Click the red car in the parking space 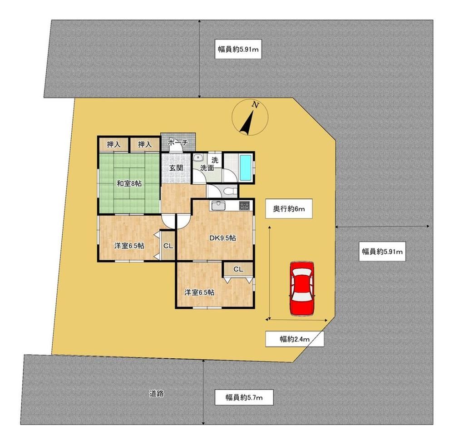(x=302, y=288)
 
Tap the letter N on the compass (x=255, y=105)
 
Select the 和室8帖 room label (x=129, y=183)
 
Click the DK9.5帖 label (x=222, y=238)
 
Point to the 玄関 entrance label (x=176, y=168)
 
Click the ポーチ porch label (x=178, y=143)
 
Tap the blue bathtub (x=247, y=167)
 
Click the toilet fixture (x=229, y=191)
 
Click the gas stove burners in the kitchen (x=244, y=206)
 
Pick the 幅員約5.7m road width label (x=244, y=397)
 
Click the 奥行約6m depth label (x=289, y=208)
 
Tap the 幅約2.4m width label (x=295, y=339)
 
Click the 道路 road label (x=157, y=394)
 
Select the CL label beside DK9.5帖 (x=168, y=246)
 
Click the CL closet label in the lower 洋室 (x=238, y=270)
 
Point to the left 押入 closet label (x=113, y=144)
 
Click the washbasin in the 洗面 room (x=198, y=158)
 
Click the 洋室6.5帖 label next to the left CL (x=129, y=246)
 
